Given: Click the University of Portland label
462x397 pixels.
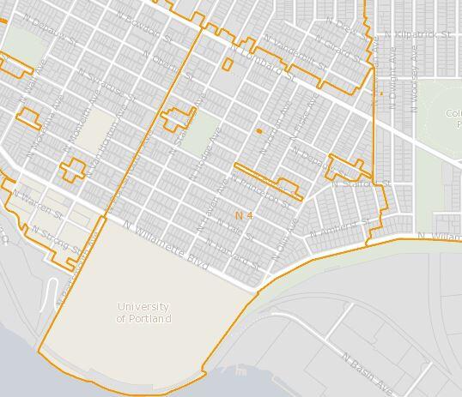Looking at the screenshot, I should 143,313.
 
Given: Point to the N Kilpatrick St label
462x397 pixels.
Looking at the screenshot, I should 418,34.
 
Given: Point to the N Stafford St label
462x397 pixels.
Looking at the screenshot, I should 361,183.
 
